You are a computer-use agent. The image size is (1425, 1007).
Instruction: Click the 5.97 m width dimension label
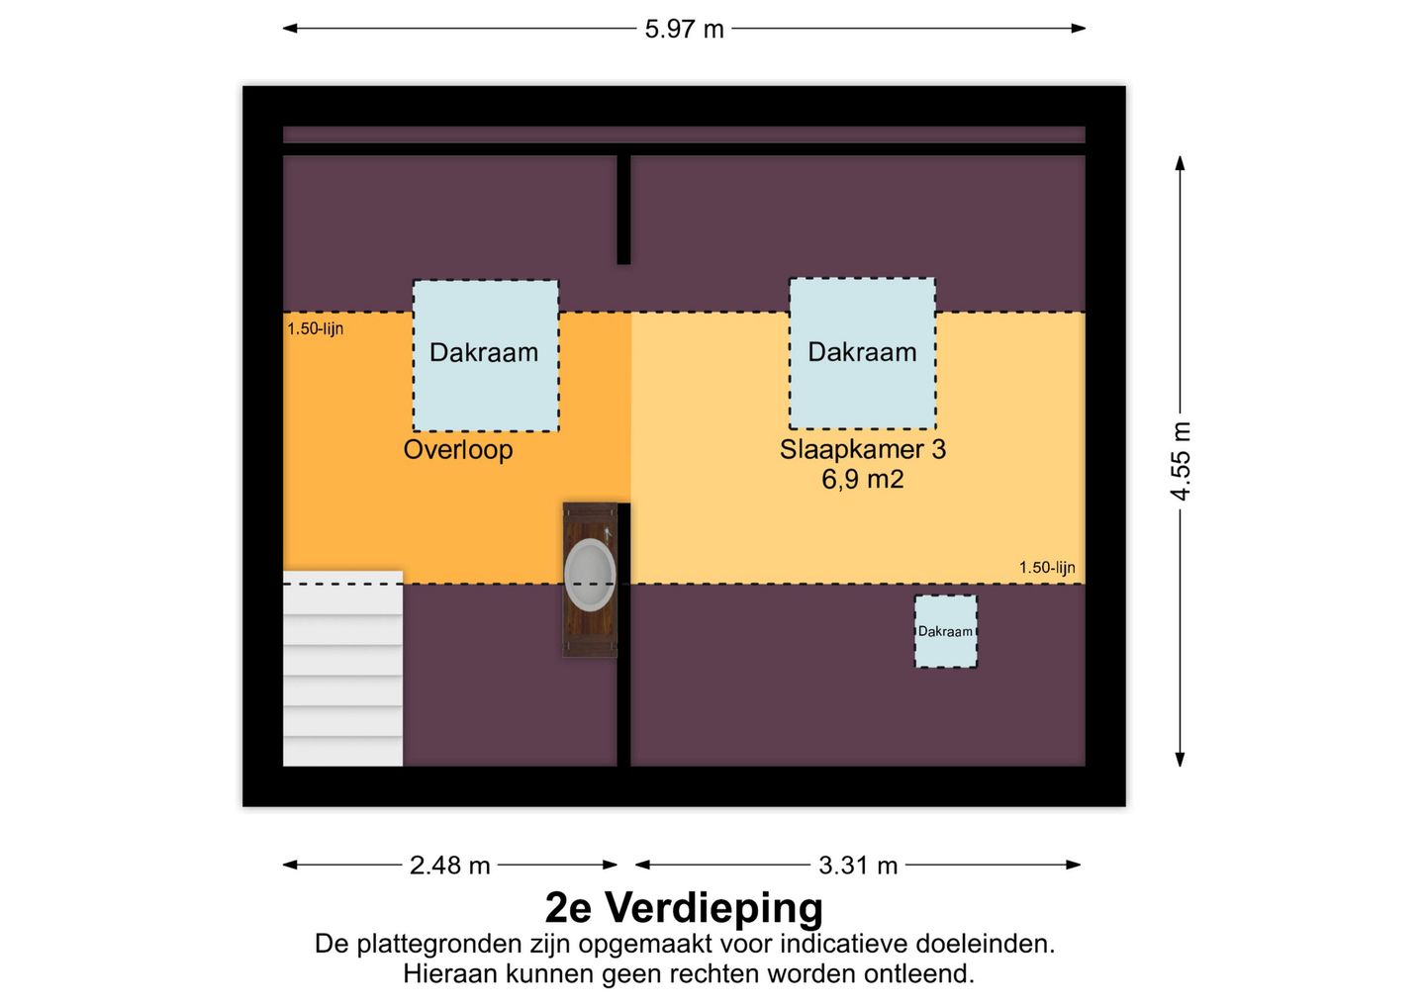point(684,30)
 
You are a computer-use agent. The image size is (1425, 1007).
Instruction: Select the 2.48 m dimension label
point(449,866)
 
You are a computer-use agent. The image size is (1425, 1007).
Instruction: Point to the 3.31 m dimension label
point(858,866)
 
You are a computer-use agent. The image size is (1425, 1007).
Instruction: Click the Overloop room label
point(458,449)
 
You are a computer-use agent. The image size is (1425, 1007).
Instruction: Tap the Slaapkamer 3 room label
point(863,449)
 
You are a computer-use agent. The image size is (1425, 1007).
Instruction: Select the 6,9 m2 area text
point(863,479)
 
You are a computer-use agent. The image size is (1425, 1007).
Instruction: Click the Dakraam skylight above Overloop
point(485,356)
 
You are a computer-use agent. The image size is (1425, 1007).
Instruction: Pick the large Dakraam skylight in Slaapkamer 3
point(863,353)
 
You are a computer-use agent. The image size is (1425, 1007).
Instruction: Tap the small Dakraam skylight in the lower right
point(946,631)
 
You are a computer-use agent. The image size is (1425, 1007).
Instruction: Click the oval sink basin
point(590,574)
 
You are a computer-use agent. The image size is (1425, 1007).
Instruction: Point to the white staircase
point(342,668)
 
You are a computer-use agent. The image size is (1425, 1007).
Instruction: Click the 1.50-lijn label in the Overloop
point(315,328)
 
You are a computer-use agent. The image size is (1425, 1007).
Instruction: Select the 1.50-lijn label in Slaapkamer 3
point(1047,567)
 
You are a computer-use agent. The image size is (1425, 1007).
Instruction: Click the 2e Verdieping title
point(684,907)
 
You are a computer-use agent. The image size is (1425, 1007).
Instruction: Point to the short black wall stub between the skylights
point(623,210)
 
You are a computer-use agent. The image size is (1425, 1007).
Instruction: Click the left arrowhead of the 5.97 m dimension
point(290,28)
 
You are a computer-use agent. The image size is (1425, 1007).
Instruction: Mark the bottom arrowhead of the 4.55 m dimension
point(1180,759)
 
